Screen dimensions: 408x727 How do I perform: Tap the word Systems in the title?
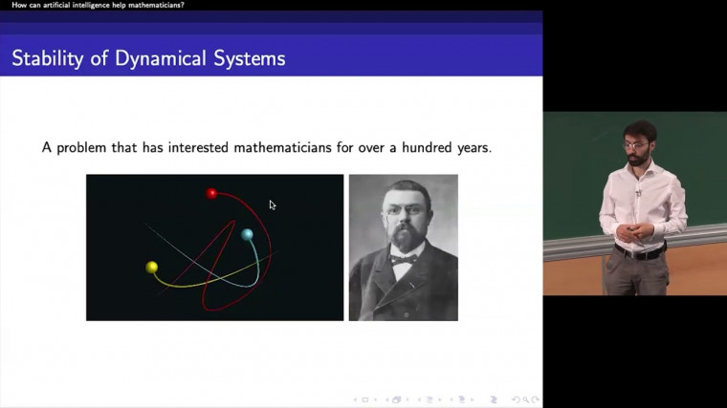(250, 58)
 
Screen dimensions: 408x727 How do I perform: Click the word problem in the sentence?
(82, 148)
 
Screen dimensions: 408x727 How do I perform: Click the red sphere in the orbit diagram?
(212, 193)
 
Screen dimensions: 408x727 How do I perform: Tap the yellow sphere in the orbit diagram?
(151, 267)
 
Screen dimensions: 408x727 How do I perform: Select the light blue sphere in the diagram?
(247, 234)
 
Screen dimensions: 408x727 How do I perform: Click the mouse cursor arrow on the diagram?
(273, 204)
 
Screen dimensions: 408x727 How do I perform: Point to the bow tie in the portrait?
(403, 258)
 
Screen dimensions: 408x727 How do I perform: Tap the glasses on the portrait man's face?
(401, 212)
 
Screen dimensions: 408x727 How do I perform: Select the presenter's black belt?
(639, 253)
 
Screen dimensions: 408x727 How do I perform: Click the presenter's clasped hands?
(632, 231)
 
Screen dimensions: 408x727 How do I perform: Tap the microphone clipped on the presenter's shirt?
(638, 193)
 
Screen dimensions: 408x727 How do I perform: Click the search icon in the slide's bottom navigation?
(520, 399)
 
